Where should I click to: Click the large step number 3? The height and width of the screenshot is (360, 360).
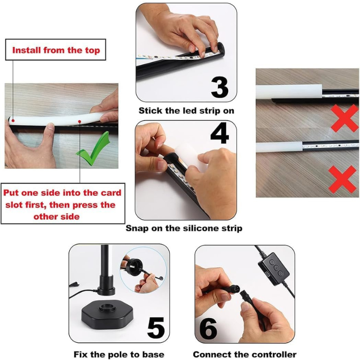click(220, 87)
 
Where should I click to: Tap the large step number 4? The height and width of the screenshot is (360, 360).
click(220, 133)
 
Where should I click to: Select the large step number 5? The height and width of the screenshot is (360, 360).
click(156, 328)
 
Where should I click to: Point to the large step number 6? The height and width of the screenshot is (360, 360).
click(208, 328)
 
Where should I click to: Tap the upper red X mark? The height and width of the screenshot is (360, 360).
click(344, 118)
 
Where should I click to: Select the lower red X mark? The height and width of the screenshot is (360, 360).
click(342, 179)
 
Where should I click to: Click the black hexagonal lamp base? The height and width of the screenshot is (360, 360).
click(107, 316)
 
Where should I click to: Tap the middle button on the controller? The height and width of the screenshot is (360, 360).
click(276, 268)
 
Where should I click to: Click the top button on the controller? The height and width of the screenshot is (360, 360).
click(272, 262)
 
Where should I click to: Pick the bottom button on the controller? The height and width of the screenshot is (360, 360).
click(280, 274)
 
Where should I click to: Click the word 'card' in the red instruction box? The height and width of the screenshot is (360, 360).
click(111, 193)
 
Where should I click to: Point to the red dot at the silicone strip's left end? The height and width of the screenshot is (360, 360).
click(13, 121)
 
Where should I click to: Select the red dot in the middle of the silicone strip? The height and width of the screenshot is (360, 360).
click(80, 121)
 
